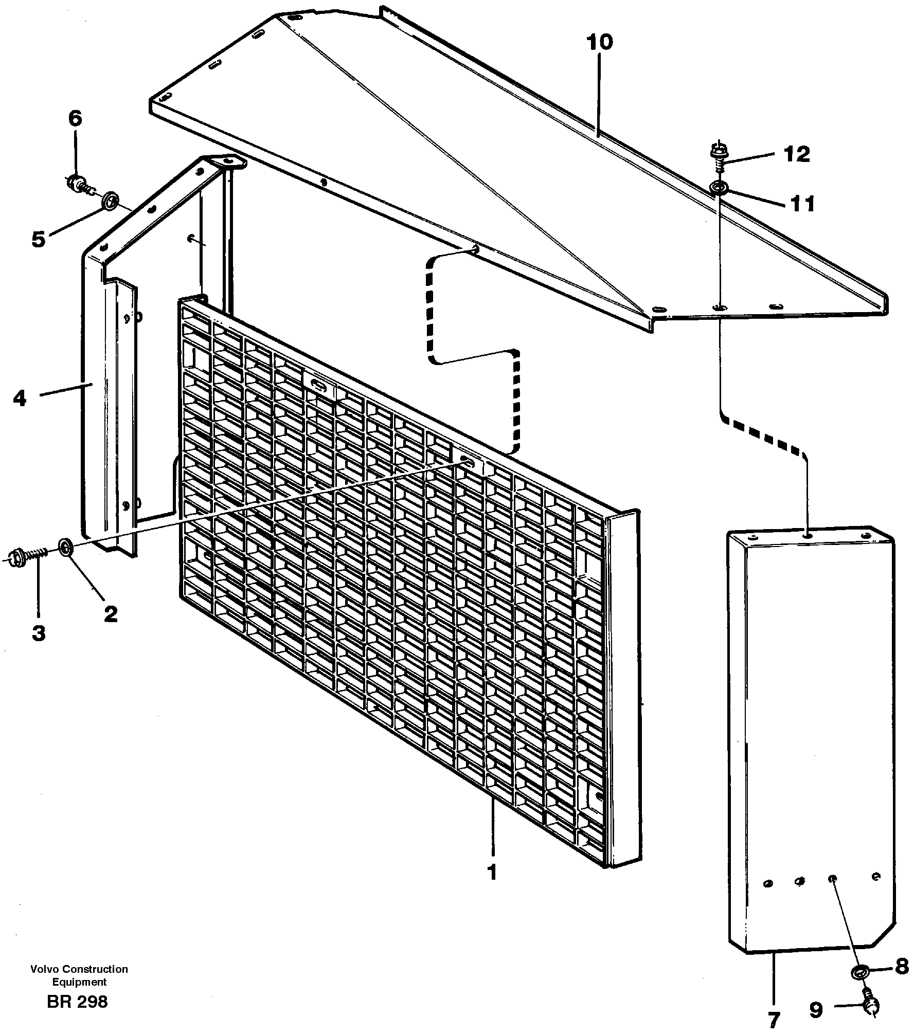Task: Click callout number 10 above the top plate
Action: tap(599, 42)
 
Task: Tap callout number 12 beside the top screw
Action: tap(797, 154)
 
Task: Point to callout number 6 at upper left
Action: tap(75, 119)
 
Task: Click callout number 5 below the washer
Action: tap(39, 239)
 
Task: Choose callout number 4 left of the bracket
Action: tap(20, 398)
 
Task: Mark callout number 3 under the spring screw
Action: tap(39, 633)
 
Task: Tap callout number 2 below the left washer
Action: tap(110, 613)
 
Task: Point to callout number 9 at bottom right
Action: tap(816, 1010)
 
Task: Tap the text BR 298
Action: tap(77, 1002)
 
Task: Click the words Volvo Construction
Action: tap(79, 969)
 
